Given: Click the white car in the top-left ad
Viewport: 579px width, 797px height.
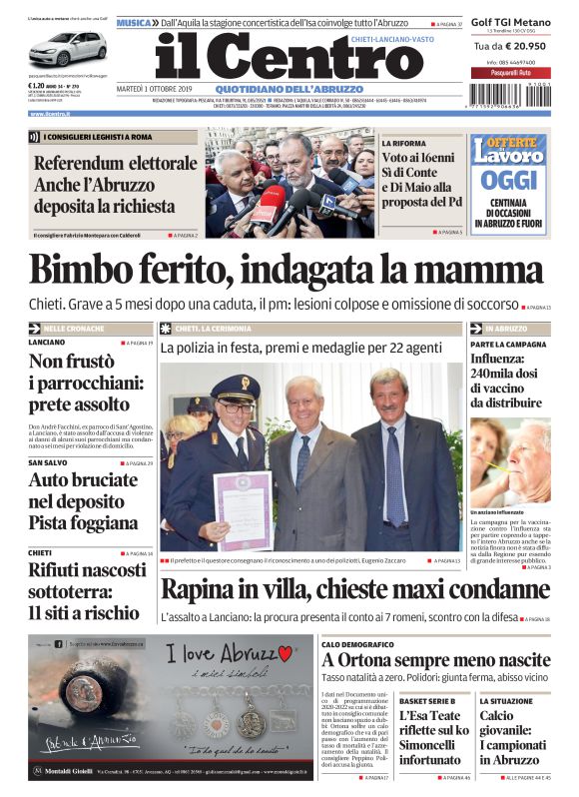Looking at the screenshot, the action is click(x=69, y=48).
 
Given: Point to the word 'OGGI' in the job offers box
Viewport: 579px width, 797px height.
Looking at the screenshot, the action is click(x=509, y=181).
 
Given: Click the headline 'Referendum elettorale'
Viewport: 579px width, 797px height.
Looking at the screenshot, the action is click(x=115, y=164).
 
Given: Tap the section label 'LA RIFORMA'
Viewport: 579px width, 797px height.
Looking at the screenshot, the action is click(x=401, y=144).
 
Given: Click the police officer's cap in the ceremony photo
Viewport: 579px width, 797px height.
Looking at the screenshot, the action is click(x=236, y=385).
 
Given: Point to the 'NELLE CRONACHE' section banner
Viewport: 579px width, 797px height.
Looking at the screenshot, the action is click(x=79, y=328).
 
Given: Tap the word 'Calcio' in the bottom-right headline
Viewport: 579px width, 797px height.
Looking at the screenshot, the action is click(x=496, y=716).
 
